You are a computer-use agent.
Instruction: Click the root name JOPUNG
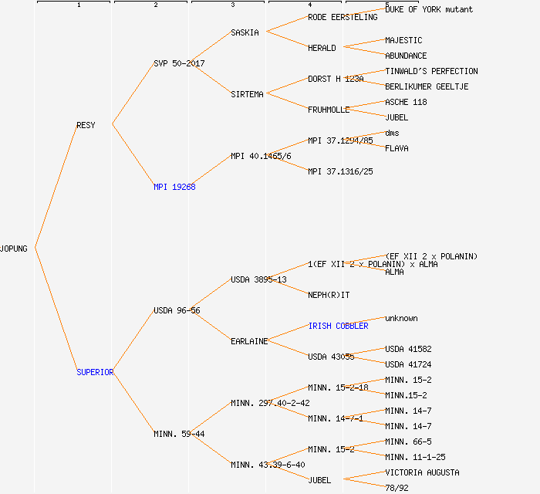pos(14,249)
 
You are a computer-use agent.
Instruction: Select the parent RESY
pos(86,125)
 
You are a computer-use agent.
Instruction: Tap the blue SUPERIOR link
pos(95,372)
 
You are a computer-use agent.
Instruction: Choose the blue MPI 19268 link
pos(174,187)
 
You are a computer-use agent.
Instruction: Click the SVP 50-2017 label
pos(179,63)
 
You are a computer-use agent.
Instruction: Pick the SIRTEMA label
pos(247,94)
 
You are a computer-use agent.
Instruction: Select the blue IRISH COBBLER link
pos(338,326)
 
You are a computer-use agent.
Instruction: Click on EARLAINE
pos(249,341)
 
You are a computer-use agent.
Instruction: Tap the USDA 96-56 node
pos(177,310)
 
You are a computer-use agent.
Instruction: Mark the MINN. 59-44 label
pos(179,434)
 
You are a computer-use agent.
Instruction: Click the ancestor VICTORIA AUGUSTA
pos(422,472)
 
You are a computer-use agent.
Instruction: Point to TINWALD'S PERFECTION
pos(431,71)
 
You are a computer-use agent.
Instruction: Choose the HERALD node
pos(322,48)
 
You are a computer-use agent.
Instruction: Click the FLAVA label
pos(397,148)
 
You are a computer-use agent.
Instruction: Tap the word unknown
pos(401,318)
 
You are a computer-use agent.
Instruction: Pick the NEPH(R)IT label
pos(329,295)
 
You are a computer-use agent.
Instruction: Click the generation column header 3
pos(232,5)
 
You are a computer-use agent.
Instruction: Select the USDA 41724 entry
pos(408,364)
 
